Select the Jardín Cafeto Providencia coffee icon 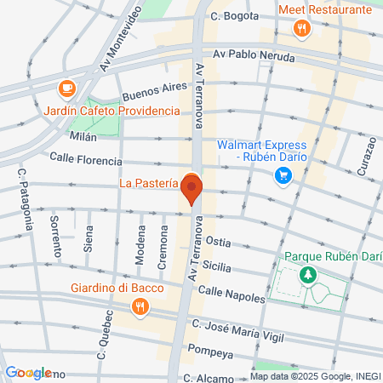66,88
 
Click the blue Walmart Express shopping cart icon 283,176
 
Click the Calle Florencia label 83,157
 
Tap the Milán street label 84,135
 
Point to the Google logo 28,373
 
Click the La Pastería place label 149,181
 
